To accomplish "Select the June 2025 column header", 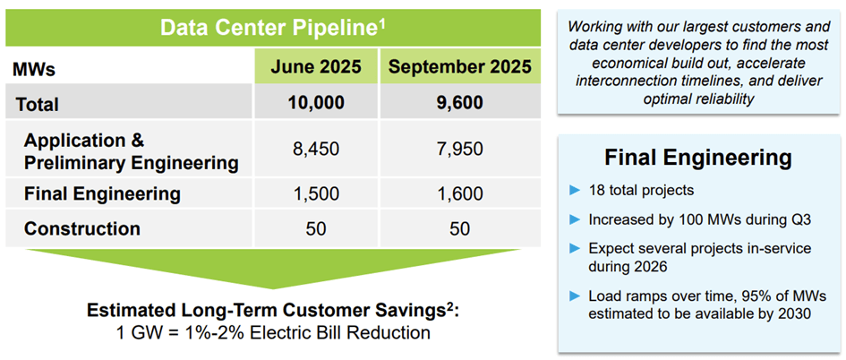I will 315,67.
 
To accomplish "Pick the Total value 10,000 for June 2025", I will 315,103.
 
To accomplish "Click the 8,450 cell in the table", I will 315,149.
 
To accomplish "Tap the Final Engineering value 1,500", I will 315,193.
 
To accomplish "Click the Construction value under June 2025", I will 315,228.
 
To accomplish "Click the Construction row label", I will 82,228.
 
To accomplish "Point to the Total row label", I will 38,104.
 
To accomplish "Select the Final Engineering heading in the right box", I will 698,159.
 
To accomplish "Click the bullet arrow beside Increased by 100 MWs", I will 576,219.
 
